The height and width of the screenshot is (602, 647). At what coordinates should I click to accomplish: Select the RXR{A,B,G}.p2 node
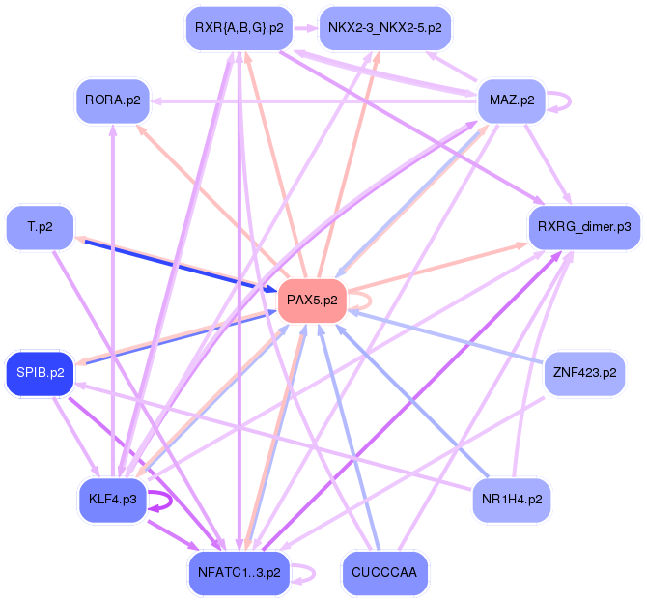pyautogui.click(x=239, y=27)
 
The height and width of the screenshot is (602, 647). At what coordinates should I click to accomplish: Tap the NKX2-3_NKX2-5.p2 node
pyautogui.click(x=384, y=27)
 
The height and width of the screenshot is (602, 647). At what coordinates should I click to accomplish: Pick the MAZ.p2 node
pyautogui.click(x=512, y=100)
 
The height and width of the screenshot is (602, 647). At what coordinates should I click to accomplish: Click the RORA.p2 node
pyautogui.click(x=112, y=100)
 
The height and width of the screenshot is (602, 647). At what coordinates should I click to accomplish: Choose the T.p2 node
pyautogui.click(x=40, y=227)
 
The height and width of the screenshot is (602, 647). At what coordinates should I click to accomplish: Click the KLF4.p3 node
pyautogui.click(x=112, y=499)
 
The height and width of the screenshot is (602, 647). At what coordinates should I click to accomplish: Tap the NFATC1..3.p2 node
pyautogui.click(x=239, y=572)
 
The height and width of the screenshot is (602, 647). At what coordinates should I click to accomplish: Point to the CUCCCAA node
pyautogui.click(x=384, y=572)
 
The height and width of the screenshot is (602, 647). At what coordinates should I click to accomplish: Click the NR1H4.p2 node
pyautogui.click(x=512, y=500)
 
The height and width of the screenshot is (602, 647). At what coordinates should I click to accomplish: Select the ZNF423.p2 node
pyautogui.click(x=583, y=372)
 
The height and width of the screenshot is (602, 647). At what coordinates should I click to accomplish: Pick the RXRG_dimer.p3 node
pyautogui.click(x=583, y=227)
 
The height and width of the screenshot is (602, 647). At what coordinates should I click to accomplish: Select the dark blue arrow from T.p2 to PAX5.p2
pyautogui.click(x=174, y=264)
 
